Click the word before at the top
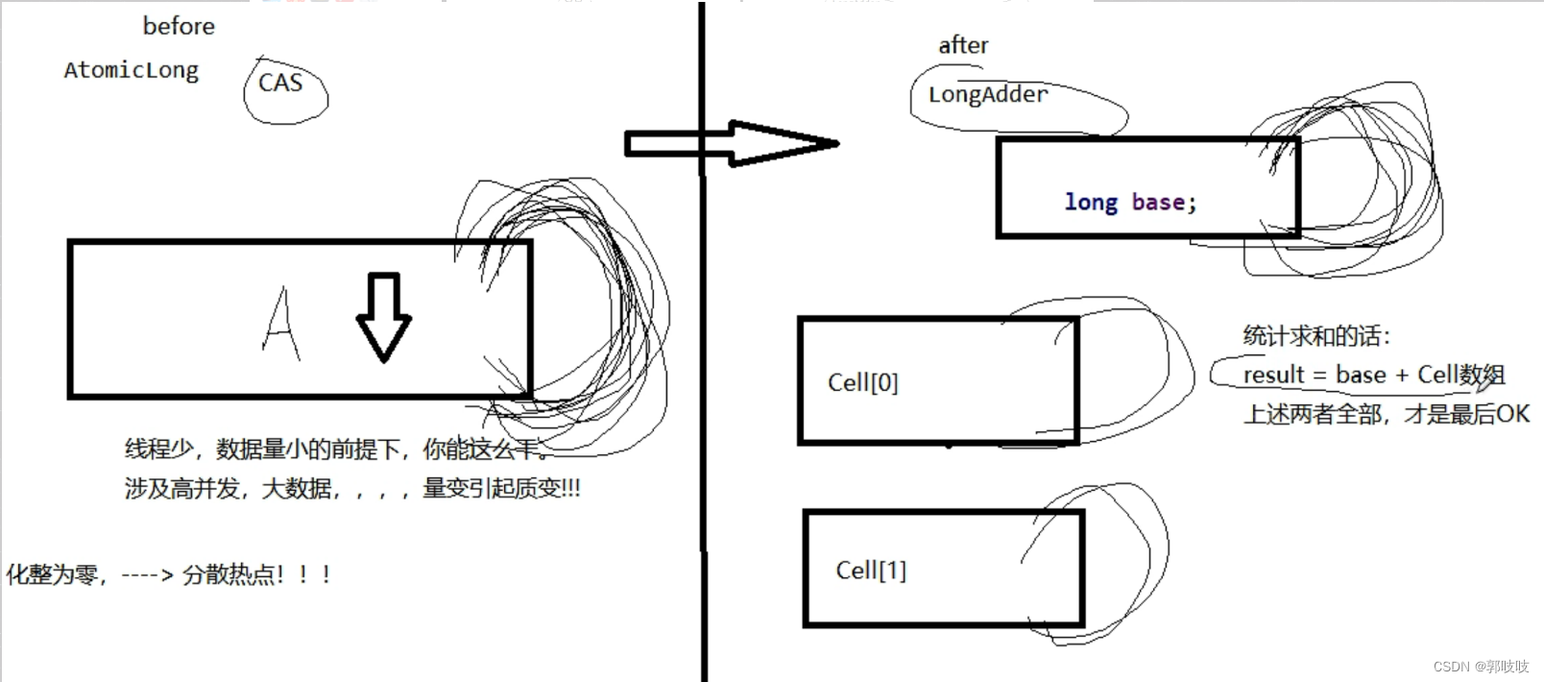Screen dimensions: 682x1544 click(179, 26)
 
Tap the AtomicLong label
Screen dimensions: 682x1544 click(132, 70)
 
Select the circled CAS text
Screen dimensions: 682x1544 click(280, 84)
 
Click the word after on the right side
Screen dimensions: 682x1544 click(963, 45)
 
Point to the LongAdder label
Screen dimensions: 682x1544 click(987, 94)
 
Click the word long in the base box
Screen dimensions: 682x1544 click(1091, 203)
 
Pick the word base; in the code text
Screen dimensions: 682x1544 click(1164, 203)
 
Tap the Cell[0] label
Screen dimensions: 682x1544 click(862, 382)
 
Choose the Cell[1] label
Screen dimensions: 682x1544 click(871, 571)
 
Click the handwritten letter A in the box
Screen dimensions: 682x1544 click(280, 324)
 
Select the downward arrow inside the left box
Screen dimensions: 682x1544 click(384, 317)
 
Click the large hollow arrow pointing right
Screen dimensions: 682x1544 click(732, 144)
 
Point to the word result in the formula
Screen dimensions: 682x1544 click(1273, 375)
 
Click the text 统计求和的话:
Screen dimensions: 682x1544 click(1315, 336)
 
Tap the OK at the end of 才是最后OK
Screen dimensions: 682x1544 click(1512, 414)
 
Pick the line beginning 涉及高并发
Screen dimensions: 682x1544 click(351, 489)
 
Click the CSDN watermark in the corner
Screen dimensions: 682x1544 click(1480, 666)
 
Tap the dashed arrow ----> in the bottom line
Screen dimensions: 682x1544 click(147, 575)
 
